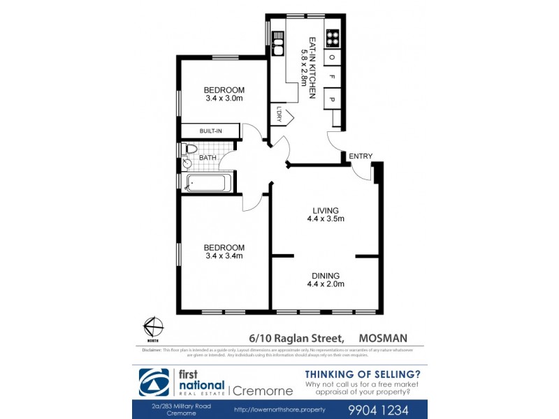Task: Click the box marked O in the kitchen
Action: pyautogui.click(x=333, y=57)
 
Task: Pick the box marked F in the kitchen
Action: pyautogui.click(x=333, y=77)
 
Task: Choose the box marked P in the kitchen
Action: pyautogui.click(x=333, y=100)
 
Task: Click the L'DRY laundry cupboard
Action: pyautogui.click(x=279, y=114)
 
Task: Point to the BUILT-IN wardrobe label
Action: pyautogui.click(x=210, y=131)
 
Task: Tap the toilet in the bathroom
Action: pyautogui.click(x=189, y=149)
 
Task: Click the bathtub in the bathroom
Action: pyautogui.click(x=206, y=184)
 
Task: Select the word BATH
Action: pyautogui.click(x=208, y=158)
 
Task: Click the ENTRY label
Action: pyautogui.click(x=361, y=156)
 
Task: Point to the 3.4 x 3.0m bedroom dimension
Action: pyautogui.click(x=224, y=98)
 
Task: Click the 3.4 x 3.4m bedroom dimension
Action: pyautogui.click(x=224, y=256)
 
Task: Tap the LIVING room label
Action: pyautogui.click(x=326, y=210)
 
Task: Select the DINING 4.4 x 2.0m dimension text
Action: pyautogui.click(x=326, y=284)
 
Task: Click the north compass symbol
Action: pyautogui.click(x=153, y=326)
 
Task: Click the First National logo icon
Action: pyautogui.click(x=158, y=382)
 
